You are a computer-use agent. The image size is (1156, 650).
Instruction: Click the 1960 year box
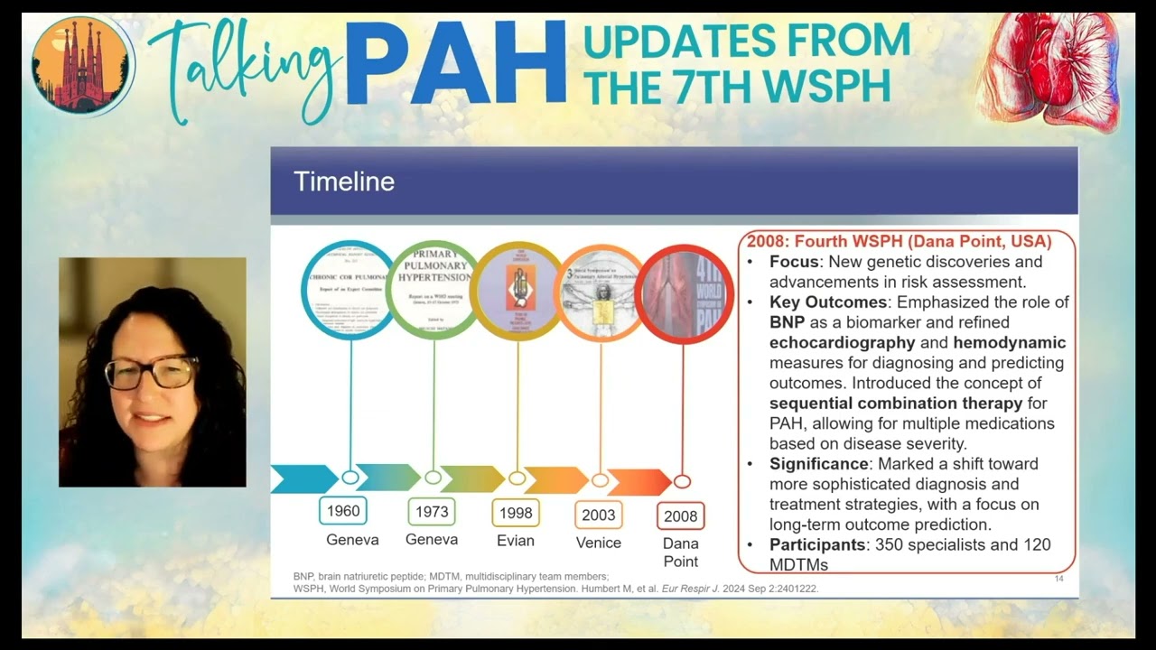point(343,511)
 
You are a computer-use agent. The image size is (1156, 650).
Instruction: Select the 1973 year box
point(432,512)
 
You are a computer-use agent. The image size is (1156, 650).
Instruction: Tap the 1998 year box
point(516,513)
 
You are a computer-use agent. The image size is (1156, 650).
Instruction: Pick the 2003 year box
point(598,515)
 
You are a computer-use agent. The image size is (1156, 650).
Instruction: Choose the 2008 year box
point(681,516)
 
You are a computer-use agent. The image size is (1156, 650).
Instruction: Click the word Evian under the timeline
point(516,541)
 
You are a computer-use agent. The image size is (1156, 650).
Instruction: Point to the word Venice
point(599,543)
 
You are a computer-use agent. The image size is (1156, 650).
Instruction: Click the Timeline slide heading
point(344,181)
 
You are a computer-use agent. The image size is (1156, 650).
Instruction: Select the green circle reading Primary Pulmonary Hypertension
point(433,290)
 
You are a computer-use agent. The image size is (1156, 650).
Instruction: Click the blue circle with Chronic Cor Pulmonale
point(349,289)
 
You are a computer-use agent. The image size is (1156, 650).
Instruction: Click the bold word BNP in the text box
point(786,322)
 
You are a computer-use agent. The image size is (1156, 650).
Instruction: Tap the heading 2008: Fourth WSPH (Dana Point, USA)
point(899,242)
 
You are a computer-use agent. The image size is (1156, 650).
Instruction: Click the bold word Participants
point(817,544)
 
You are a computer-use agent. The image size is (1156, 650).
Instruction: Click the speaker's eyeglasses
point(151,372)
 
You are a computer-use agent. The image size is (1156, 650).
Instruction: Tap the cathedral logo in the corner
point(82,65)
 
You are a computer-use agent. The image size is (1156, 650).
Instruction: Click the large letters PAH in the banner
point(455,63)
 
